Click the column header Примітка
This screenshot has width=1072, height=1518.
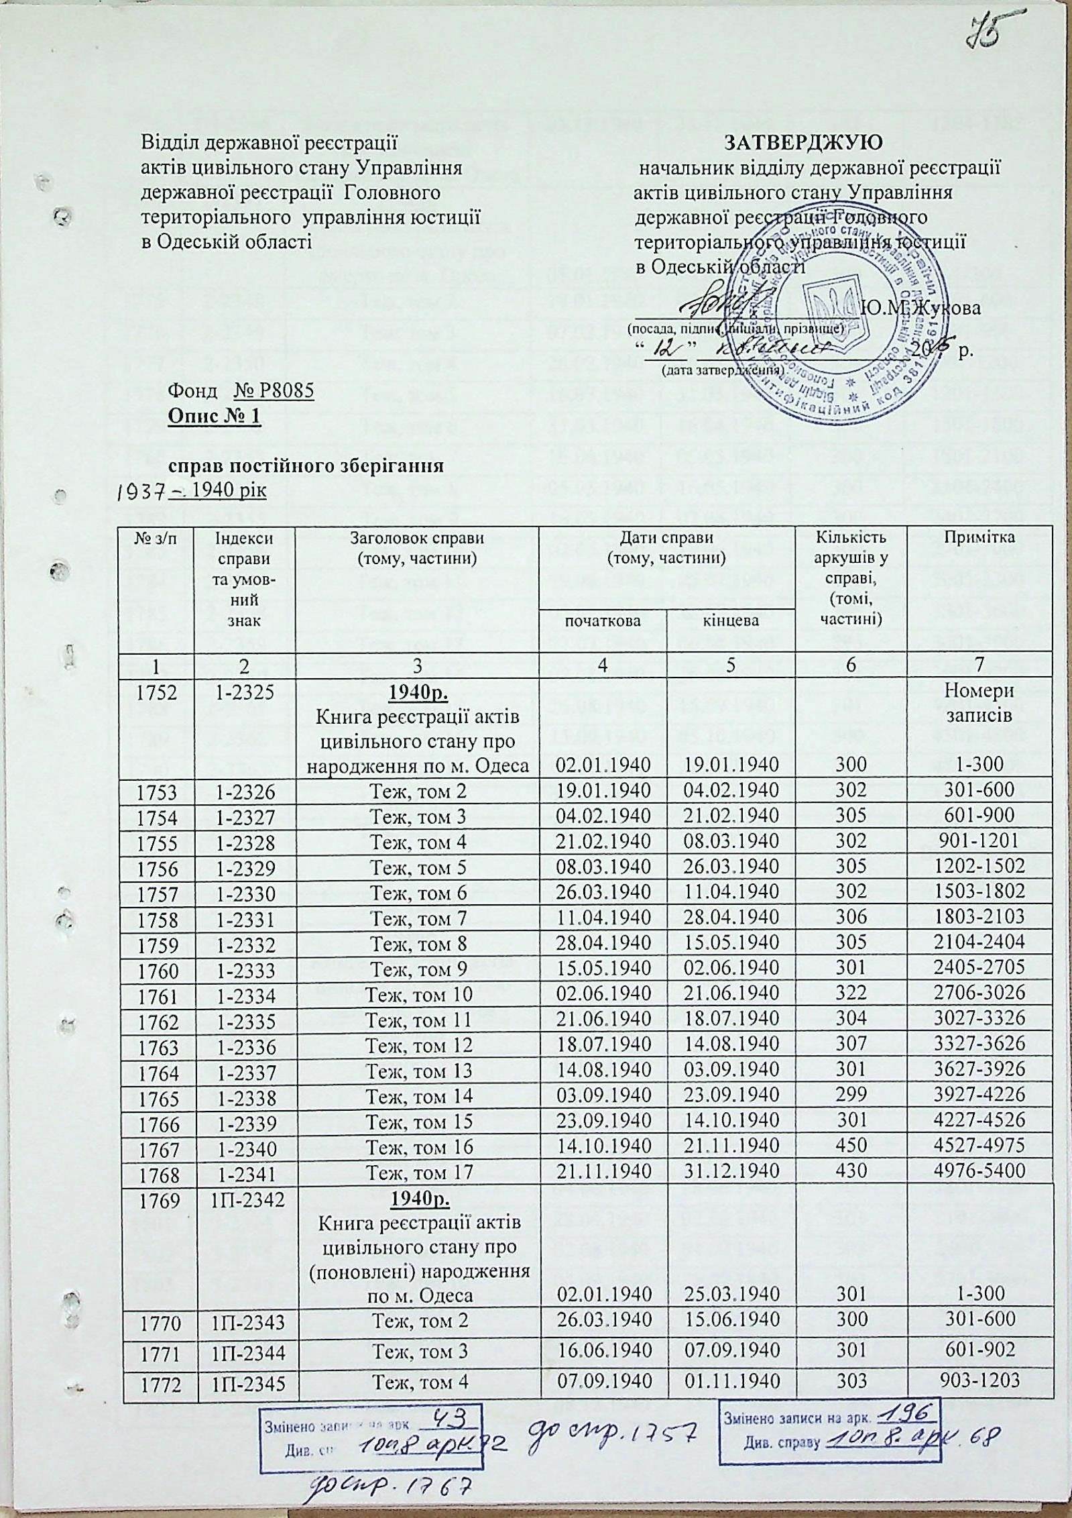pos(979,537)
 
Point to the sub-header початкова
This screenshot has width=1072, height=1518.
pos(603,620)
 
